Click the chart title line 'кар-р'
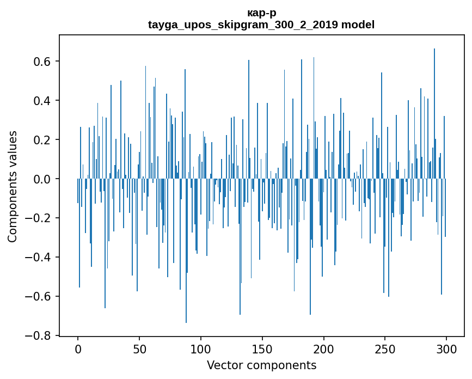tap(261, 13)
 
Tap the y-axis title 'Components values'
tap(13, 186)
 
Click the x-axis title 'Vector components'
tap(261, 365)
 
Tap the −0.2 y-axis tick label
tap(39, 218)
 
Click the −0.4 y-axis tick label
tap(39, 258)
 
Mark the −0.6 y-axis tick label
tap(39, 297)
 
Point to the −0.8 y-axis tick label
tap(39, 336)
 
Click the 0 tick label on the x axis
tap(78, 349)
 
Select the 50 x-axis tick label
tap(139, 349)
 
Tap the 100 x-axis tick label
tap(201, 349)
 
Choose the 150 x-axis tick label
tap(262, 349)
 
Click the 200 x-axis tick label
tap(324, 349)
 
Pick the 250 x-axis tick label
tap(385, 349)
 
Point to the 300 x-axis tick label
tap(447, 349)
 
